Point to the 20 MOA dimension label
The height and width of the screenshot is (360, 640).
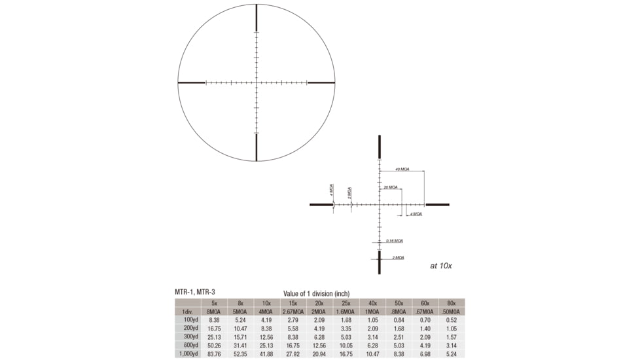tap(390, 187)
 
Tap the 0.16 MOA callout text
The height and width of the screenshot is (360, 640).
tap(395, 241)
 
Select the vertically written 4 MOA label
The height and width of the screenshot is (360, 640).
tap(331, 190)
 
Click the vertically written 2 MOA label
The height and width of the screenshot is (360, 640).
tap(349, 192)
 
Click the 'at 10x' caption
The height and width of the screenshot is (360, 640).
tap(441, 266)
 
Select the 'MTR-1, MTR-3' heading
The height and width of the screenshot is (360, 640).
tap(194, 291)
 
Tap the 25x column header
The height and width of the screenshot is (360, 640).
tap(346, 303)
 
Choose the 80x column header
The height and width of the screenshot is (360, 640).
tap(452, 303)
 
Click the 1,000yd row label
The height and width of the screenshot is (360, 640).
tap(187, 353)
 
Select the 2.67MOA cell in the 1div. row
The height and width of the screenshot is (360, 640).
tap(293, 312)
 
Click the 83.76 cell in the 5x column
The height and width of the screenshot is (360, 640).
tap(215, 353)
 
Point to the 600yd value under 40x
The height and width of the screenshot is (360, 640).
tap(372, 345)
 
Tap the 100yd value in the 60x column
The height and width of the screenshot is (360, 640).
tap(425, 320)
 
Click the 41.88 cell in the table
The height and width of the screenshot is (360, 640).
tap(266, 353)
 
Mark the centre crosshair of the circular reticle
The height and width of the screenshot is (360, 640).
tap(257, 82)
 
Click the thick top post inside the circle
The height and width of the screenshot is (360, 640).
tap(257, 18)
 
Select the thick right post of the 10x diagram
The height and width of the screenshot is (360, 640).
tap(437, 205)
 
